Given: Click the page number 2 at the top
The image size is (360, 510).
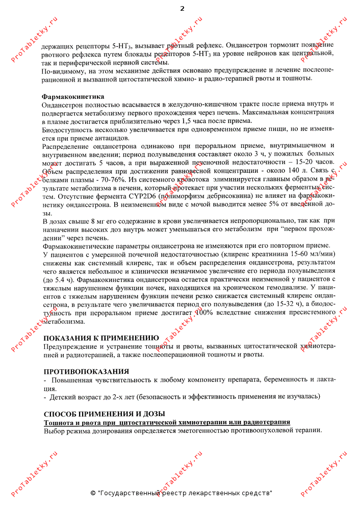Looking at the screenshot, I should [182, 8].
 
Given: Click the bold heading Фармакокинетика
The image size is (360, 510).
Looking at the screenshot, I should [73, 96].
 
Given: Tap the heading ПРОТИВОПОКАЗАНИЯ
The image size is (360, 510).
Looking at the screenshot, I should [86, 371].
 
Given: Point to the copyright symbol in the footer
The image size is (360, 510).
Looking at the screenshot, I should [92, 493].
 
